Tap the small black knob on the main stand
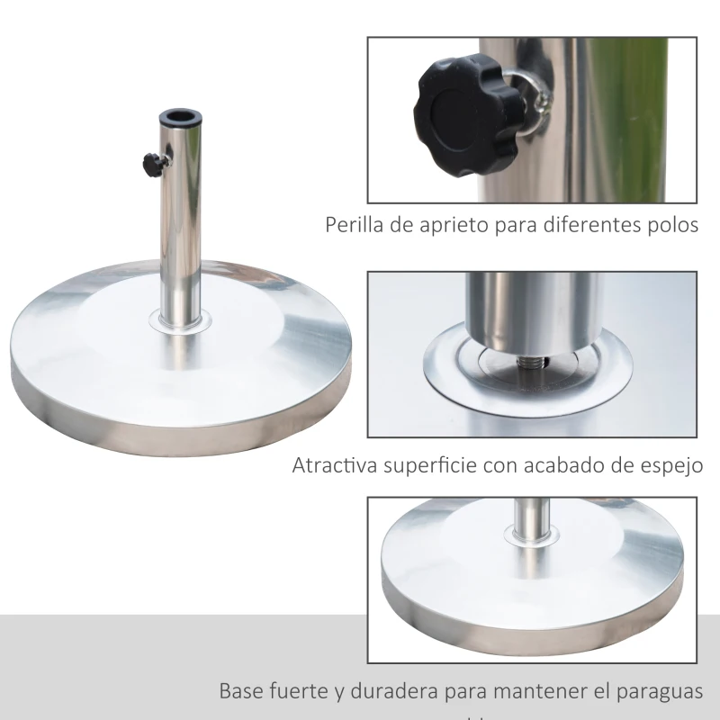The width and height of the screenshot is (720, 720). (150, 164)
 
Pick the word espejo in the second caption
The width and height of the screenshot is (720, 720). (670, 466)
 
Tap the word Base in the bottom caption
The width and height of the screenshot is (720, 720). (241, 691)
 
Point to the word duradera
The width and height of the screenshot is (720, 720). (393, 691)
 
